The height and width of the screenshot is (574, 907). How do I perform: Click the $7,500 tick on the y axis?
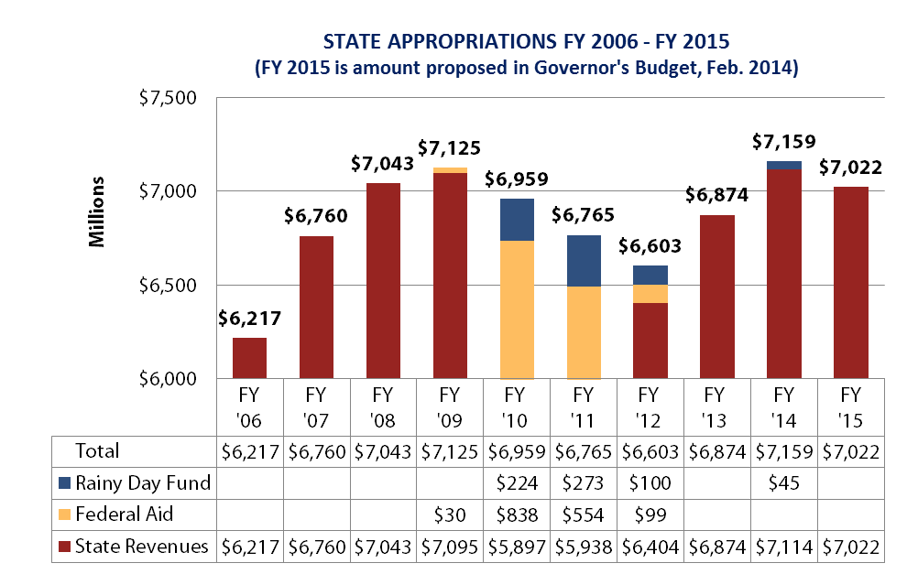[168, 98]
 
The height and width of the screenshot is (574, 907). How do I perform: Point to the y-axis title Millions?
[96, 212]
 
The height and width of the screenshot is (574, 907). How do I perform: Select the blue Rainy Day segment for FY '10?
[517, 220]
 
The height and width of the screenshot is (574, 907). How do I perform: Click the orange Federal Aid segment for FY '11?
[584, 332]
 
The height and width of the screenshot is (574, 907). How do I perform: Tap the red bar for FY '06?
[250, 358]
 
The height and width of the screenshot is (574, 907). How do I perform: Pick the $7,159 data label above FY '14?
[784, 142]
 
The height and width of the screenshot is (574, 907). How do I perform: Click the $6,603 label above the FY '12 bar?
[650, 246]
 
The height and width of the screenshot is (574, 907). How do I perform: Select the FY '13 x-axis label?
[715, 407]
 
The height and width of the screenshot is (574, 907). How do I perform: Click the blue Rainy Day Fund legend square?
[65, 482]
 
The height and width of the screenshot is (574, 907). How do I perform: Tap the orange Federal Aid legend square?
[65, 514]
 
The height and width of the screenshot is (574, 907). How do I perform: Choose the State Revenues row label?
[141, 547]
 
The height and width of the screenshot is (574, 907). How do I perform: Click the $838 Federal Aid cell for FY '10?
[517, 514]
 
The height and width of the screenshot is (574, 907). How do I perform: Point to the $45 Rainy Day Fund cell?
[784, 482]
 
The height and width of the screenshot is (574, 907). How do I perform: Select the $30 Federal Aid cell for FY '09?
[450, 514]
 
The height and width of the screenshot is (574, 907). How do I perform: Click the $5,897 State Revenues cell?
[517, 547]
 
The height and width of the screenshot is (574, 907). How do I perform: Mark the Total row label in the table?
[97, 451]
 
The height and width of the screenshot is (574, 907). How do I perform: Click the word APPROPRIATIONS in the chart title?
[472, 42]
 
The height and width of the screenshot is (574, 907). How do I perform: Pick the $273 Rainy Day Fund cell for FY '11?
[584, 482]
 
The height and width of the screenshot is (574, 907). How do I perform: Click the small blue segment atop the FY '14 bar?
[784, 166]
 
